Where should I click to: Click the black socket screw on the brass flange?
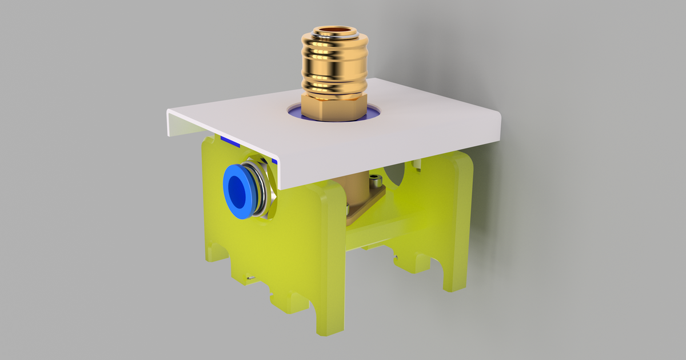[x=375, y=182]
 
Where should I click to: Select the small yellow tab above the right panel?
[x=418, y=163]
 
